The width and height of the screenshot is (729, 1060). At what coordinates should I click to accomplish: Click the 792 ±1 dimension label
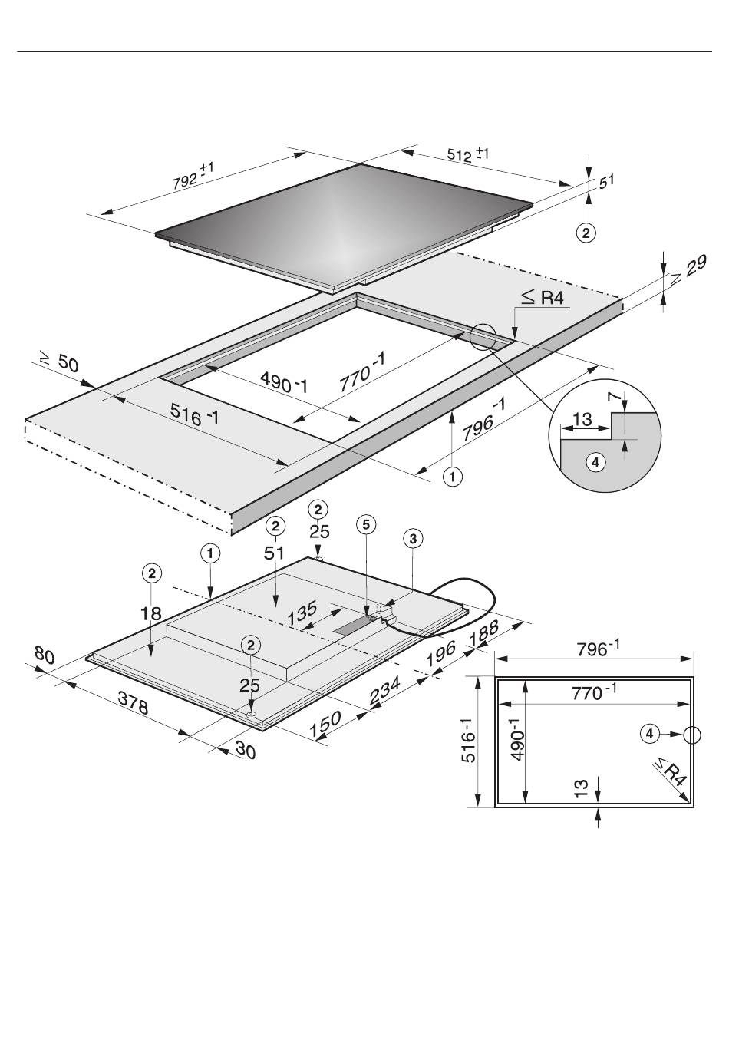coord(193,176)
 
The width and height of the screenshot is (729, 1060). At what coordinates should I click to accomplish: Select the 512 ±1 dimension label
coord(468,154)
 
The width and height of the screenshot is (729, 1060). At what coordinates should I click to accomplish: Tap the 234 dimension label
coord(384,690)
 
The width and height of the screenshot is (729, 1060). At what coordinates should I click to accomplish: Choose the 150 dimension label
coord(325,724)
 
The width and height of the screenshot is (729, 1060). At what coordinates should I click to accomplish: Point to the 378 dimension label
coord(133,703)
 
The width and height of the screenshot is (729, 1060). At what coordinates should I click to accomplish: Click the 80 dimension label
coord(45,655)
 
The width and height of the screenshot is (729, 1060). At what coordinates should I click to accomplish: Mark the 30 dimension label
coord(245,750)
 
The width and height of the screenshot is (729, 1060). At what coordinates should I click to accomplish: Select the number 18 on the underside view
coord(151,614)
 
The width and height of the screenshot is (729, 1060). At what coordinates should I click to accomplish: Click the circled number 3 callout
coord(413,538)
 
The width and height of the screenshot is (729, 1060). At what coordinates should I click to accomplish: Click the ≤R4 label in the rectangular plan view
coord(670,772)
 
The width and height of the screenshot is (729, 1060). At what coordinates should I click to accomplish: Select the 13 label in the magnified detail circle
coord(582,419)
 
